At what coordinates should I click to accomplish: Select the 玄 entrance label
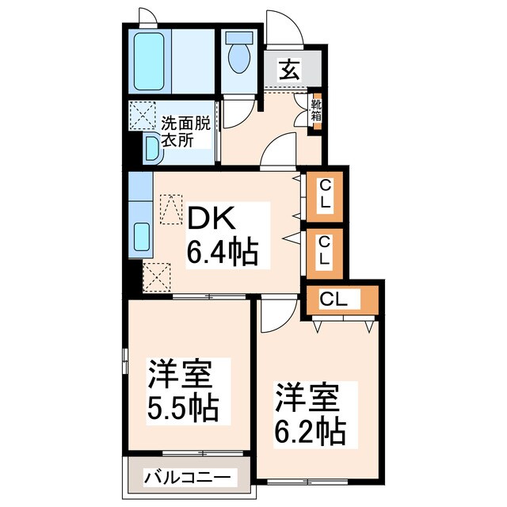288,71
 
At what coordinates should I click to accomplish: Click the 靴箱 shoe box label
315,109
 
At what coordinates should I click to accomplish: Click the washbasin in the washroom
151,148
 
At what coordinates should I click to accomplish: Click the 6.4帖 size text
221,252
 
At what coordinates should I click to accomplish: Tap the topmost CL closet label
325,193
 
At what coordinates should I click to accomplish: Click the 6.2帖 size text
309,432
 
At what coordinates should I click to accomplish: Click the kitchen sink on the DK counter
142,236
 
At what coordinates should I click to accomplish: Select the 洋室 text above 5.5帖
181,373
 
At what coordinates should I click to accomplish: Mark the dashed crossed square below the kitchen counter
156,276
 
